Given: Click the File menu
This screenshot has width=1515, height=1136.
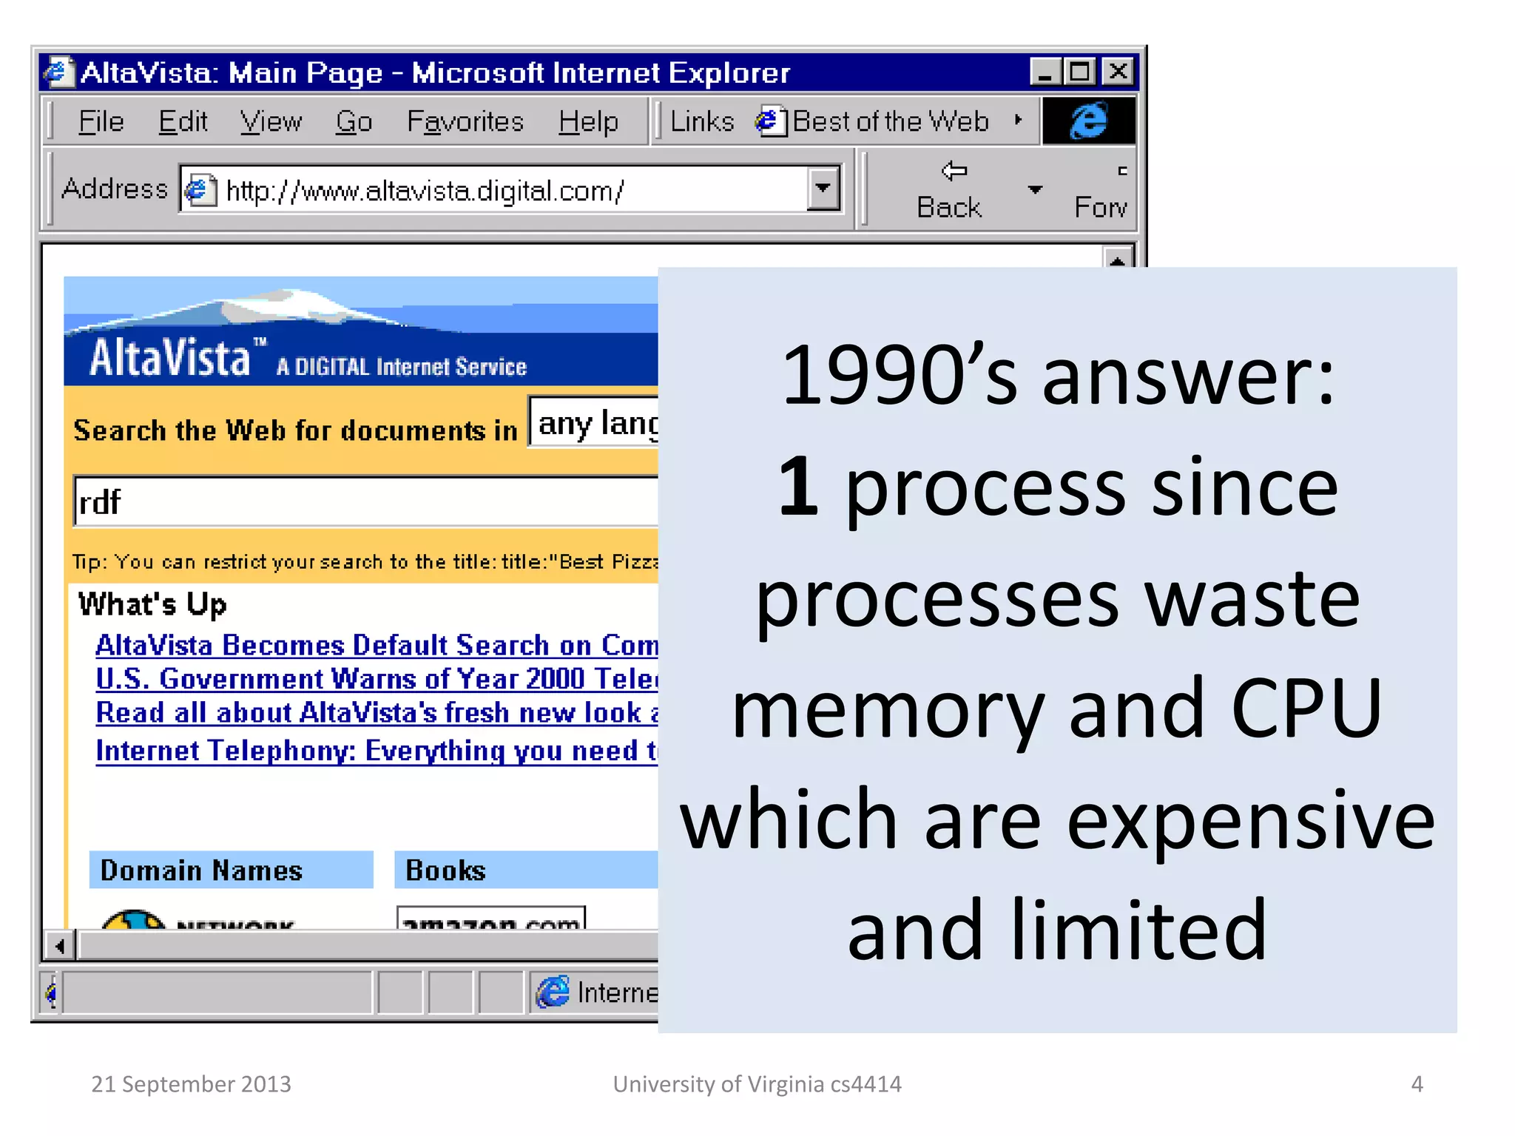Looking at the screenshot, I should click(101, 121).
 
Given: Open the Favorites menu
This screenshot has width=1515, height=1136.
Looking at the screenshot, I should click(465, 121).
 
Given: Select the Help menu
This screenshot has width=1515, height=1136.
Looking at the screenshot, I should click(588, 121).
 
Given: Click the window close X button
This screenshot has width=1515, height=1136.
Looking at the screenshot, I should click(1118, 72).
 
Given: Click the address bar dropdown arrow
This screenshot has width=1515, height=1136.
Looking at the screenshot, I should click(823, 189).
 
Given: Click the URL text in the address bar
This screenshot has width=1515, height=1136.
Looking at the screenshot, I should click(425, 191).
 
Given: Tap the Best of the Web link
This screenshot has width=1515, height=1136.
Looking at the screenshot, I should click(889, 121).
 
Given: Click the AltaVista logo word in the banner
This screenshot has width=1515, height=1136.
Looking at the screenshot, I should click(170, 359).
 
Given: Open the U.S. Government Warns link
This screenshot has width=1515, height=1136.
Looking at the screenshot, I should click(376, 679).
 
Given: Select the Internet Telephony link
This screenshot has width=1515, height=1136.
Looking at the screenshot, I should click(376, 751).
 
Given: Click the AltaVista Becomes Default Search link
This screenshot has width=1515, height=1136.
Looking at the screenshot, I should click(376, 646).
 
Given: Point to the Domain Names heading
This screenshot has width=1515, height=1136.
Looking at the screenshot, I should click(201, 870).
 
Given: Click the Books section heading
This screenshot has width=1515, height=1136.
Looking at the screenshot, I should click(445, 870).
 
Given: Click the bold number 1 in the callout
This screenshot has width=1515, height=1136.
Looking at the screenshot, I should click(798, 487).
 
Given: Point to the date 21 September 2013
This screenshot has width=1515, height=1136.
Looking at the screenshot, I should click(191, 1083).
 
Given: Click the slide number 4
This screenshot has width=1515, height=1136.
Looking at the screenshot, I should click(1417, 1083).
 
